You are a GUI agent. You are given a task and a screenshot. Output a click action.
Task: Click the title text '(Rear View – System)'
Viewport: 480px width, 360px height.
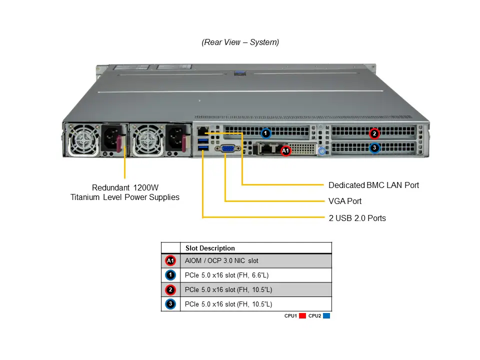tap(240, 42)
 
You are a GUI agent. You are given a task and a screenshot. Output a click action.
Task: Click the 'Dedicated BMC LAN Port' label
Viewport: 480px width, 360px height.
tap(373, 185)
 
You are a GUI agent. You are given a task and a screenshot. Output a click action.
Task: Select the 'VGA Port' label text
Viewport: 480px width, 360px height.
tap(345, 201)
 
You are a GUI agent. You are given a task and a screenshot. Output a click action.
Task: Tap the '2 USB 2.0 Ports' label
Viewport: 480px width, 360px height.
tap(357, 218)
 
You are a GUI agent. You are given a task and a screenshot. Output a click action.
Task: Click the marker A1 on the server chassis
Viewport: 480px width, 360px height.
tap(285, 150)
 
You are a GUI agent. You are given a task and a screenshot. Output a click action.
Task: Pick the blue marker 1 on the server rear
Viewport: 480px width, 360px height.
tap(266, 133)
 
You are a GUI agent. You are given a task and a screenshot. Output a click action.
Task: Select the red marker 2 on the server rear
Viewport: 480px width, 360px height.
tap(374, 133)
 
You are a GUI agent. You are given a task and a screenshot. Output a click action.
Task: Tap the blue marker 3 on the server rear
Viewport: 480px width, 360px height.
tap(374, 148)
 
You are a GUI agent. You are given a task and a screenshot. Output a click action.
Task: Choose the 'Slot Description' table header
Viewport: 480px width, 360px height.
tap(210, 248)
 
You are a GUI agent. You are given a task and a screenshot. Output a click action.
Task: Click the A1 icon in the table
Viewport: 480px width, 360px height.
tap(170, 261)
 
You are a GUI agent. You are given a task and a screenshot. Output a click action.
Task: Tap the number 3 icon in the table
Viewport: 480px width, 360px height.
tap(170, 304)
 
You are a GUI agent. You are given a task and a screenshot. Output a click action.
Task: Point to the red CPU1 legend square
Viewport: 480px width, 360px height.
tap(302, 316)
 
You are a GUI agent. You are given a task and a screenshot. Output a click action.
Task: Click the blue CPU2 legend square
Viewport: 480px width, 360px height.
tap(326, 316)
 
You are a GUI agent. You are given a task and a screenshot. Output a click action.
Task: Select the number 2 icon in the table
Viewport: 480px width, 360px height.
tap(170, 289)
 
